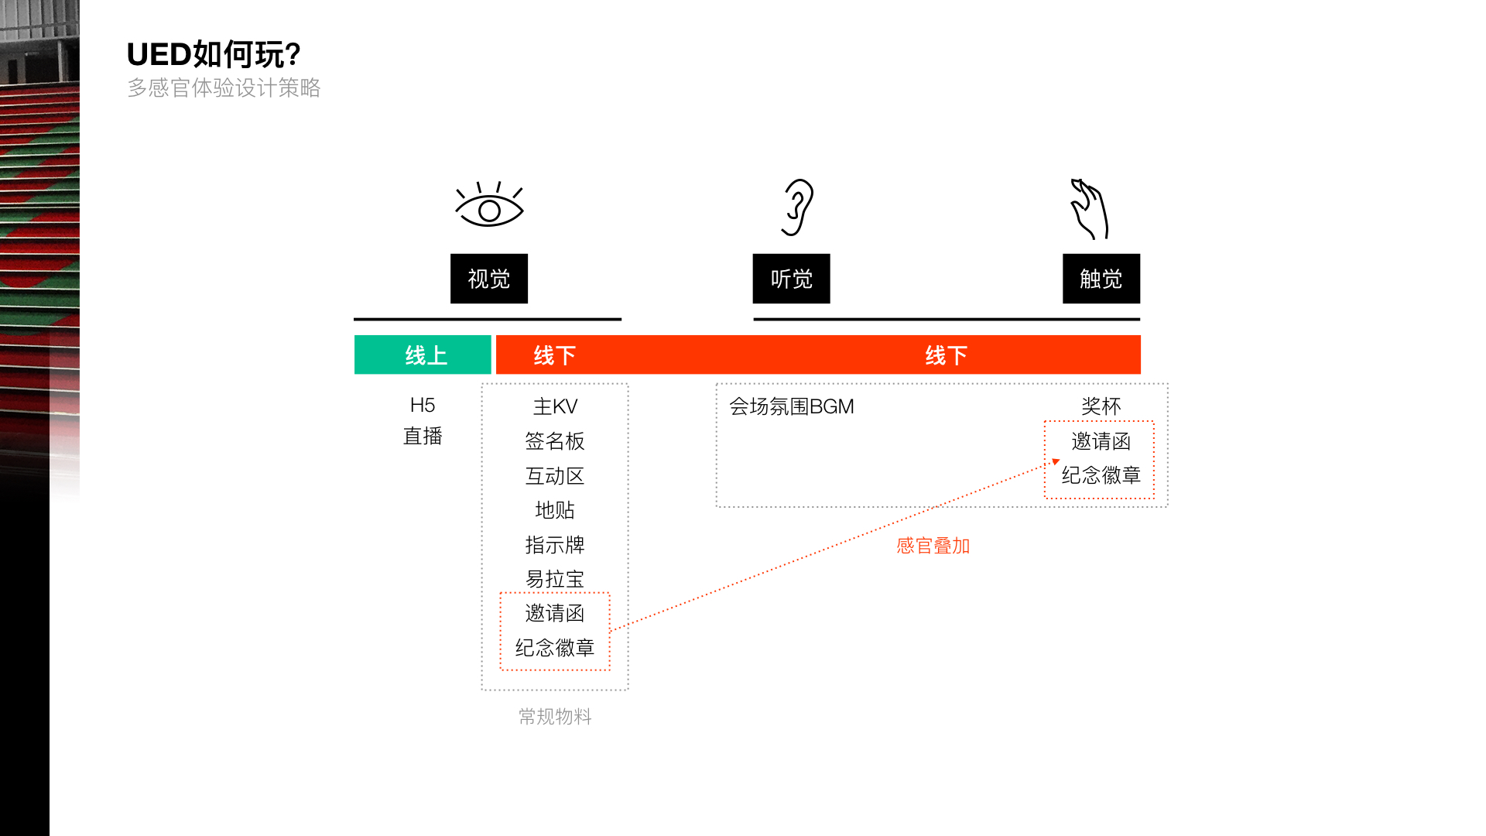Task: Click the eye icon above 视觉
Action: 489,205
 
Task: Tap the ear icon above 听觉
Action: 798,207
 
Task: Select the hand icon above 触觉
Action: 1090,209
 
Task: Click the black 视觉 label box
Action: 489,279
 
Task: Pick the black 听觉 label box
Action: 791,279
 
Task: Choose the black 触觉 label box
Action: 1101,279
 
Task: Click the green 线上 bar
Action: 423,355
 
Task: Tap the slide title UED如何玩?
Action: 214,54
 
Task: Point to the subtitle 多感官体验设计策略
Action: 224,87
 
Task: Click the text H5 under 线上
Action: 423,405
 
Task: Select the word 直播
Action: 423,436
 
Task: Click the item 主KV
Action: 555,406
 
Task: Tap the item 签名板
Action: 555,441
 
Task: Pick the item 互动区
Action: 555,476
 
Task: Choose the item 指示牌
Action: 555,545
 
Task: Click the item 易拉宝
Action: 555,579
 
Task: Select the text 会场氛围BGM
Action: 791,406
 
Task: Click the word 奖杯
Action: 1101,406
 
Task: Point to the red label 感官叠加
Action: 933,546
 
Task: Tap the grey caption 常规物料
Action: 555,717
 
